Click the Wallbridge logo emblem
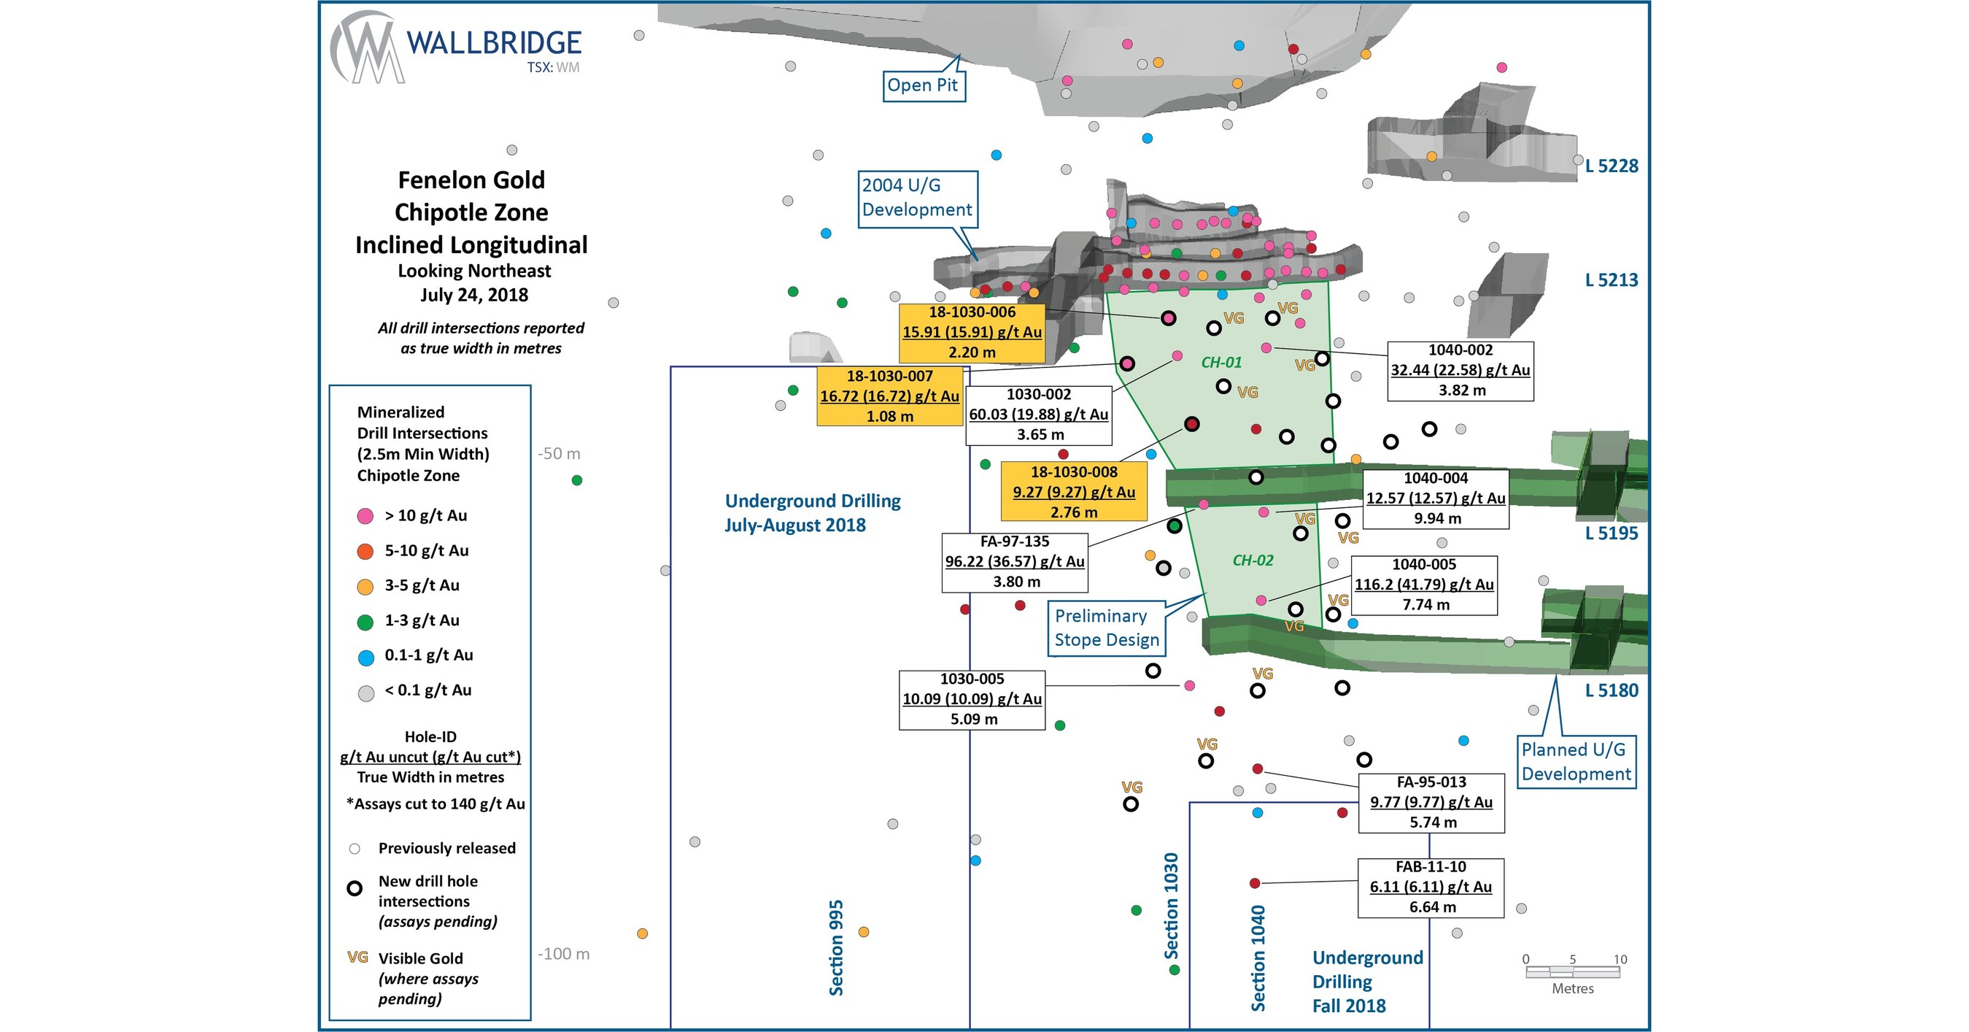point(365,47)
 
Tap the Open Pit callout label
point(923,85)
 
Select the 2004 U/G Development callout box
point(916,198)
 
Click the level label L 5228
point(1612,166)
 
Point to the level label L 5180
point(1612,690)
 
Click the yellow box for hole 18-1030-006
point(972,333)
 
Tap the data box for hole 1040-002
point(1460,371)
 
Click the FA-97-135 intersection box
point(1014,562)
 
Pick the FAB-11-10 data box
point(1430,887)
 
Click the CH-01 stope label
point(1221,362)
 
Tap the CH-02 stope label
point(1253,561)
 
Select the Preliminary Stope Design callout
point(1106,628)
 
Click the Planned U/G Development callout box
point(1575,761)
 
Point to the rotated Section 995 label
point(835,947)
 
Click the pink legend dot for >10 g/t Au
point(365,516)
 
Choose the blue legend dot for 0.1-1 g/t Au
point(365,657)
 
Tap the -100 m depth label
point(563,954)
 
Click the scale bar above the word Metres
point(1572,972)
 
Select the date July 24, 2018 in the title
point(474,295)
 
